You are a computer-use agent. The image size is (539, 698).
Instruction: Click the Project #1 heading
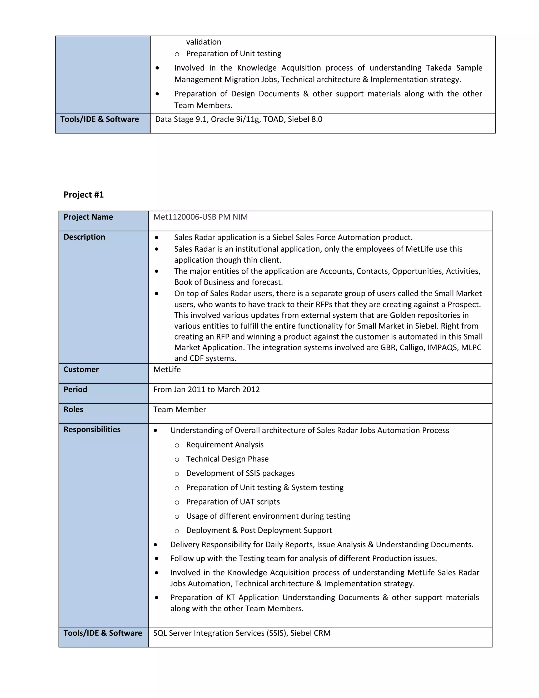click(83, 195)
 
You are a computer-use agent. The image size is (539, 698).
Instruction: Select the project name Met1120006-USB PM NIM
click(200, 217)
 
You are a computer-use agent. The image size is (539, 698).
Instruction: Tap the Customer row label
click(81, 370)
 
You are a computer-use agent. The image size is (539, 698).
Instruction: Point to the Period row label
click(75, 389)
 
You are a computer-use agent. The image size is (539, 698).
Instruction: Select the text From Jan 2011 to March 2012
click(206, 389)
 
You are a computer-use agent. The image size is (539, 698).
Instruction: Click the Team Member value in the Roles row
click(179, 409)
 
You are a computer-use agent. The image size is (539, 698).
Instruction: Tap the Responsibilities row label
click(92, 430)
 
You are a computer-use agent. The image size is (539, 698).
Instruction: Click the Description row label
click(84, 237)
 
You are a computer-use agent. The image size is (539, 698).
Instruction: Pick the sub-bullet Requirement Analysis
click(225, 445)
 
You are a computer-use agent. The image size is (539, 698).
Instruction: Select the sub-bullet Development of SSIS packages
click(240, 473)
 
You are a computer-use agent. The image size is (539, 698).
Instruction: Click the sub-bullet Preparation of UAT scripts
click(233, 502)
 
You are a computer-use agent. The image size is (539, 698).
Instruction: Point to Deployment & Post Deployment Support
click(259, 530)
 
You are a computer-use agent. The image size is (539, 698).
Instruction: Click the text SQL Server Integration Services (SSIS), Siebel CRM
click(242, 633)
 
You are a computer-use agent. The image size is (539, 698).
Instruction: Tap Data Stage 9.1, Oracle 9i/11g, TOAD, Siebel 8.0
click(238, 119)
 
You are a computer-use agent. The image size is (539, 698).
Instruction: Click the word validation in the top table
click(203, 42)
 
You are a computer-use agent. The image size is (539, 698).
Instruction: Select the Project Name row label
click(88, 217)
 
